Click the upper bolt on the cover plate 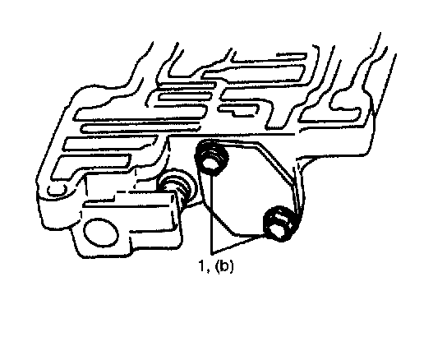[211, 158]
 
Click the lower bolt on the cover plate [279, 224]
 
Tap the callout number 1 [201, 265]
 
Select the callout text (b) [224, 266]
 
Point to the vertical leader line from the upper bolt [211, 214]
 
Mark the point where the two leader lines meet [211, 253]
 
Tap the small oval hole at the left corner [57, 190]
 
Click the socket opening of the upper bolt [210, 164]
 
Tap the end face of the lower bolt [277, 229]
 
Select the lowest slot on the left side [91, 167]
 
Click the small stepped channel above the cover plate [238, 110]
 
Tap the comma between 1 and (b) [207, 270]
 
